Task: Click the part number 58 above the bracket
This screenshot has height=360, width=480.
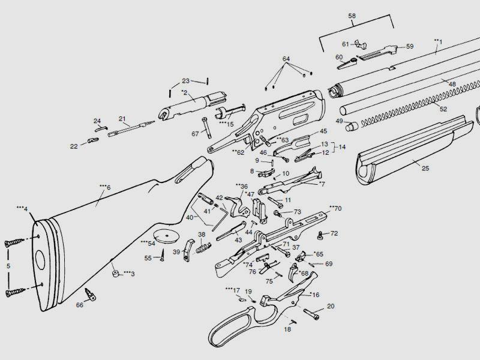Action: (352, 16)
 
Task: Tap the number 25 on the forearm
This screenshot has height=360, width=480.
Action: (425, 168)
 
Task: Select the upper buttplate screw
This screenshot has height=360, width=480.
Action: (14, 243)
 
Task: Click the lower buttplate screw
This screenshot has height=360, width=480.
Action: (14, 292)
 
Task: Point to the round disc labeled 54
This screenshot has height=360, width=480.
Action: (166, 236)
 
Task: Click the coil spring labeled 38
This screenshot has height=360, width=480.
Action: (203, 248)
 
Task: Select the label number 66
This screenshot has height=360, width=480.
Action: (80, 305)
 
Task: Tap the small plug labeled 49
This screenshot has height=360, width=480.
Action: (352, 126)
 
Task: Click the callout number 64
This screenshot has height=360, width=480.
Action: (286, 59)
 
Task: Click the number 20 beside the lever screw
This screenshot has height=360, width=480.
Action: (331, 306)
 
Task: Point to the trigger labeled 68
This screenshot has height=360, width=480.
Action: (293, 272)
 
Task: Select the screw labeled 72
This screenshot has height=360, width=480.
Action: (320, 235)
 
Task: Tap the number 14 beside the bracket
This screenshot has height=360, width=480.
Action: (342, 147)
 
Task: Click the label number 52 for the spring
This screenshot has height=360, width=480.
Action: (443, 109)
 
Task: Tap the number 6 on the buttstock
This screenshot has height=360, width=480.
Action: (108, 188)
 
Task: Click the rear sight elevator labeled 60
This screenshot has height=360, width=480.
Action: (348, 64)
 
